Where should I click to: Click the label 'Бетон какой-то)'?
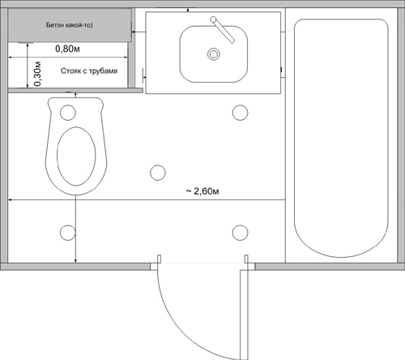pyautogui.click(x=69, y=25)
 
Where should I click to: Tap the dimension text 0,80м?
pyautogui.click(x=67, y=49)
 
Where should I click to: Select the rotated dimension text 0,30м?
pyautogui.click(x=37, y=74)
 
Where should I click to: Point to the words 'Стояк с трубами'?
pyautogui.click(x=89, y=71)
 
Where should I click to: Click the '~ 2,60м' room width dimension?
pyautogui.click(x=202, y=191)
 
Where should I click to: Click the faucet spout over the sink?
pyautogui.click(x=223, y=31)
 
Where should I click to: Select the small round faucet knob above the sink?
pyautogui.click(x=213, y=19)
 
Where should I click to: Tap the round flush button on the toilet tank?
pyautogui.click(x=68, y=113)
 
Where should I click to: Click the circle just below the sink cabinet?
pyautogui.click(x=240, y=113)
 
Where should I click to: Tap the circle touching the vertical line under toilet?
pyautogui.click(x=68, y=233)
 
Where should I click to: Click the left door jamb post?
pyautogui.click(x=159, y=259)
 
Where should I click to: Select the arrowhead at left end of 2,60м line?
pyautogui.click(x=10, y=199)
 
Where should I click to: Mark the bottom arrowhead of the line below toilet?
pyautogui.click(x=75, y=261)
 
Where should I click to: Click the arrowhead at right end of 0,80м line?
pyautogui.click(x=126, y=58)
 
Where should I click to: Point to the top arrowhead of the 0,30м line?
pyautogui.click(x=28, y=45)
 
